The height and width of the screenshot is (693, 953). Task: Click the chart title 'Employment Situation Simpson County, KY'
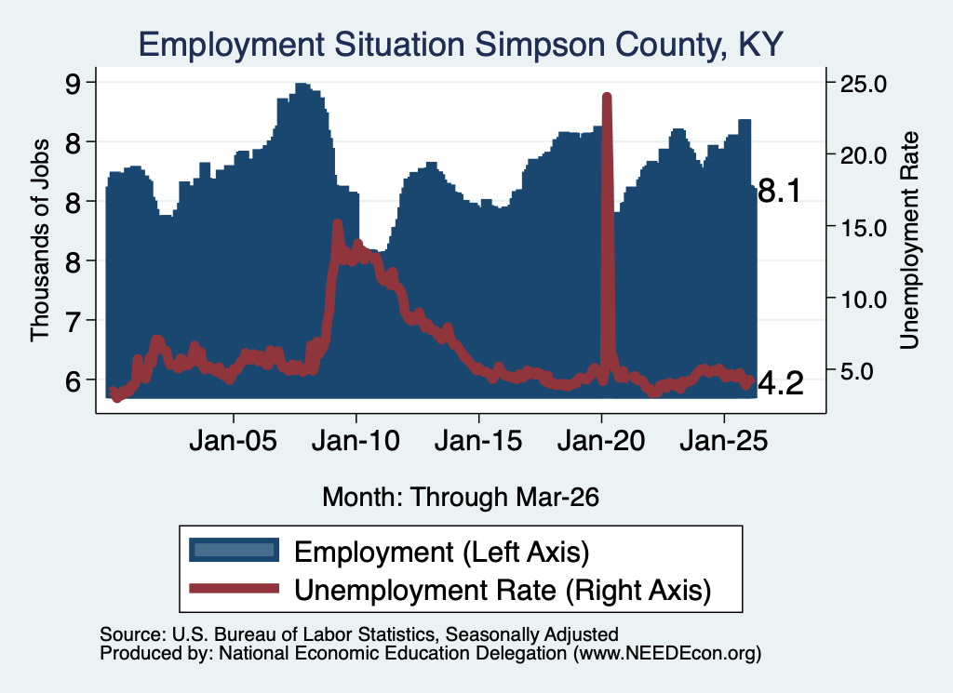pos(461,45)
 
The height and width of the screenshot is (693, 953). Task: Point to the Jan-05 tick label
pos(234,440)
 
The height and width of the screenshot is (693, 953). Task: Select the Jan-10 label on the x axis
pos(356,440)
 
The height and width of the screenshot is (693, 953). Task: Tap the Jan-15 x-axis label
pos(479,440)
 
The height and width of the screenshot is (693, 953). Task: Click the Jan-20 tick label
pos(601,440)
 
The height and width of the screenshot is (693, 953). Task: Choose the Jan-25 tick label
pos(724,440)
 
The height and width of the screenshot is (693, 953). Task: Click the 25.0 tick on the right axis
pos(864,83)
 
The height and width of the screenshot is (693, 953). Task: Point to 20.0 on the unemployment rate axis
pos(864,154)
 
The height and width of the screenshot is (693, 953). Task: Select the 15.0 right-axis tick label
pos(864,227)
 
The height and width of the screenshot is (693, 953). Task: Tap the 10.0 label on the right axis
pos(864,299)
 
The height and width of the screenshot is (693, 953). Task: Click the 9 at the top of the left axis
pos(73,83)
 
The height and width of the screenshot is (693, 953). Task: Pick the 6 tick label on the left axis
pos(73,380)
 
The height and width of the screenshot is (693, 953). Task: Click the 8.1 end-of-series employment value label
pos(780,192)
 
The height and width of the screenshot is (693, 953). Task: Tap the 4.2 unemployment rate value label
pos(781,384)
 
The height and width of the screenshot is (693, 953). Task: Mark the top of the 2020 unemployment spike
pos(607,96)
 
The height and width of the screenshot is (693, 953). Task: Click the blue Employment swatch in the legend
pos(234,550)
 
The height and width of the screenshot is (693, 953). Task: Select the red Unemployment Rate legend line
pos(234,588)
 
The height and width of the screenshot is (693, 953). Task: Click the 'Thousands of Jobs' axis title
pos(39,240)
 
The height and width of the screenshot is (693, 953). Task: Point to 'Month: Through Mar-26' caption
pos(461,497)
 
